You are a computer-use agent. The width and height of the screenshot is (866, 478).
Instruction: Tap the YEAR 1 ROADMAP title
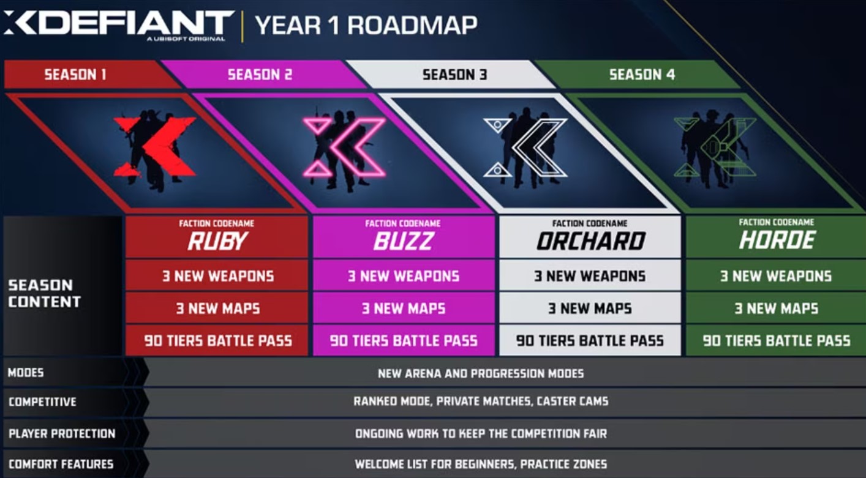point(366,25)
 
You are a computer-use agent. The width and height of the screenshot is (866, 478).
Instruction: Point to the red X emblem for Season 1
point(154,147)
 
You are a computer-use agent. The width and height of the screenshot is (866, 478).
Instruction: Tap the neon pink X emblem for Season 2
point(344,147)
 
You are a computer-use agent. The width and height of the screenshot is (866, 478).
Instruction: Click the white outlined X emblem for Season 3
point(525,148)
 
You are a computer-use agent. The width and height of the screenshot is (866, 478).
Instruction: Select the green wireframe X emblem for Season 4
point(715,148)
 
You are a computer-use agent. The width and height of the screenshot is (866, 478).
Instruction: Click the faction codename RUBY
point(217,241)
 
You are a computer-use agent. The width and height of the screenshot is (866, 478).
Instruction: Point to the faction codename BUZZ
point(403,241)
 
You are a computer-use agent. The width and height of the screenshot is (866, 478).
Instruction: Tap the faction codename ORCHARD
point(590,241)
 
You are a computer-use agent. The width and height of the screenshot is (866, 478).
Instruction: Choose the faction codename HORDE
point(777,241)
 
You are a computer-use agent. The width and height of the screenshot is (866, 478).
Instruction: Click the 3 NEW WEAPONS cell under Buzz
point(404,275)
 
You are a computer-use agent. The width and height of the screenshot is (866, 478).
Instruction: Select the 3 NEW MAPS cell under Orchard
point(590,308)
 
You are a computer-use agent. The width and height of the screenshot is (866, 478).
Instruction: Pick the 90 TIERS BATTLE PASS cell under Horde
point(777,340)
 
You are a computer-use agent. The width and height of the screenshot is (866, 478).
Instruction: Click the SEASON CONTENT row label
point(44,293)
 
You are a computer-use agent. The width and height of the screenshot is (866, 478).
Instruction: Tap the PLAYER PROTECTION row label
point(62,433)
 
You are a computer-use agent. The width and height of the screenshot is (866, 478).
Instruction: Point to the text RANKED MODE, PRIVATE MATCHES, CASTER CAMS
point(481,401)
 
